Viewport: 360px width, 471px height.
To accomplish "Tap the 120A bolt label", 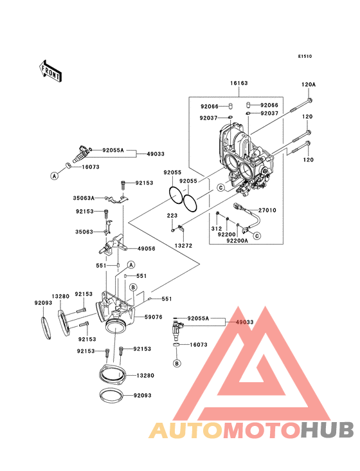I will pyautogui.click(x=309, y=84).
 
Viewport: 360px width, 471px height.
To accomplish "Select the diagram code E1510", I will pyautogui.click(x=305, y=57).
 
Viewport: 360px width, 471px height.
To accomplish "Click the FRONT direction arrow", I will pyautogui.click(x=51, y=70).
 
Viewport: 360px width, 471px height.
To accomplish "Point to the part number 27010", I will pyautogui.click(x=267, y=210).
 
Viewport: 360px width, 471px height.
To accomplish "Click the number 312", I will pyautogui.click(x=215, y=228).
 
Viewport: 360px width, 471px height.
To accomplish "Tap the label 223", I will pyautogui.click(x=172, y=216).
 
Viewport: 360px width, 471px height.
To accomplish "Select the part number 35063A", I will pyautogui.click(x=84, y=198).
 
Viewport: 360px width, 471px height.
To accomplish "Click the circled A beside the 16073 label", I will pyautogui.click(x=55, y=174).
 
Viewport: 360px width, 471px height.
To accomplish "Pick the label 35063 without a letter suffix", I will pyautogui.click(x=84, y=230).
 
